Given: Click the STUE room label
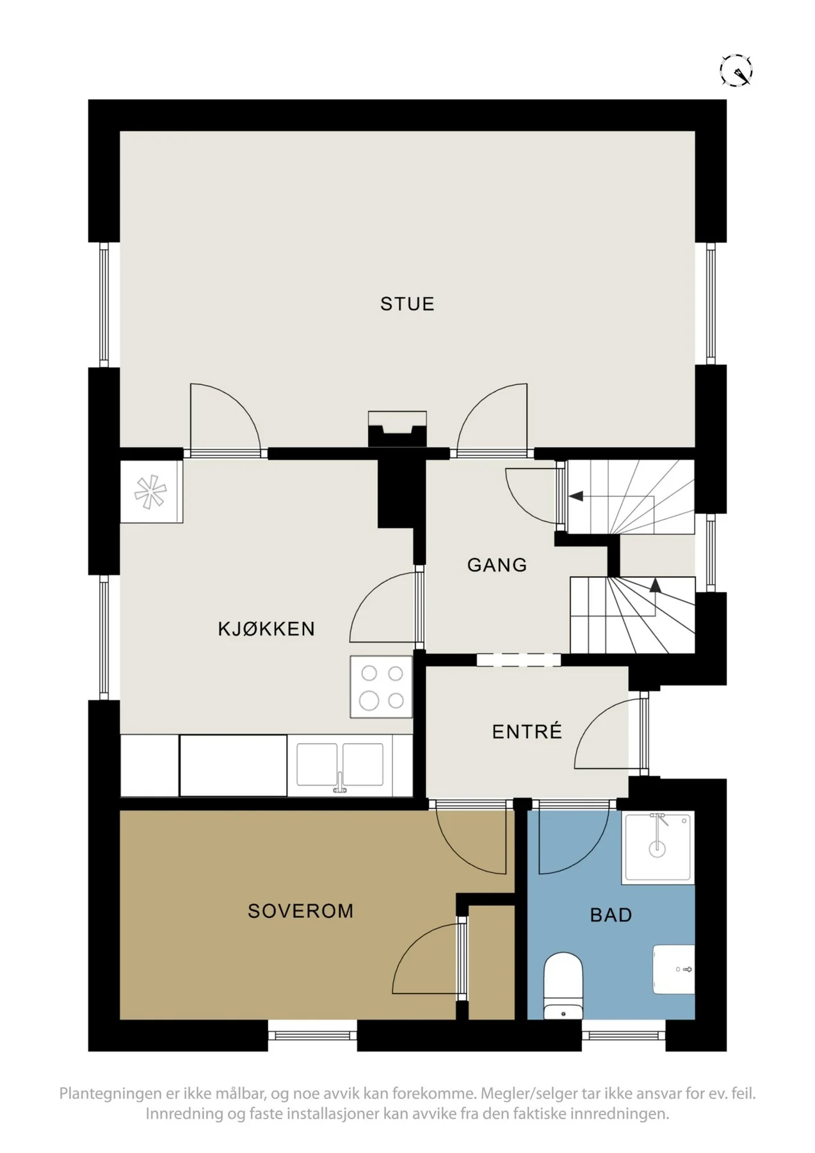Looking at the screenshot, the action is pos(407,304).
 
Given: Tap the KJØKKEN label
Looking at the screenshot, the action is pos(266,628).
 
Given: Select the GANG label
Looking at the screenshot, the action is pos(497,565).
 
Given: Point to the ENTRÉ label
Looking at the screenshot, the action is pos(527,731).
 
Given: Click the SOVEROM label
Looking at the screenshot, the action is pos(300,911).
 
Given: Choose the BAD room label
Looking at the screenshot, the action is pos(611,915).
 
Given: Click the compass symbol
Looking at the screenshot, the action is pos(736,70).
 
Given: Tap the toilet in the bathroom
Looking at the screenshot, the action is pos(563,986).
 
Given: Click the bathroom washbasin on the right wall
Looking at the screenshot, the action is pos(674,969).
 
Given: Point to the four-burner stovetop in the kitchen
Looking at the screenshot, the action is pos(381,687).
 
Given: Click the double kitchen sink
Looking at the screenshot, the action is pos(340,765).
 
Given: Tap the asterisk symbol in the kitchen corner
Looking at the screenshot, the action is pos(150,492).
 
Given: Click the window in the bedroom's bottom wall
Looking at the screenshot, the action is pos(312,1035).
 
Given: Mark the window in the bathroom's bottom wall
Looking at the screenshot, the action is pos(624,1035).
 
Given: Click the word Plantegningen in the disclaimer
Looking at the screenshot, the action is pos(111,1093).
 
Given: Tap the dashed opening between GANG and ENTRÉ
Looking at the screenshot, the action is pos(519,660).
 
